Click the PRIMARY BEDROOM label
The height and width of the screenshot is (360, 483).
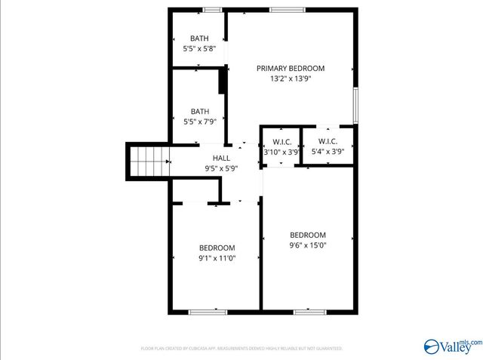(x=290, y=68)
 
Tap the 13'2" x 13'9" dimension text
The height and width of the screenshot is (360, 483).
(x=290, y=78)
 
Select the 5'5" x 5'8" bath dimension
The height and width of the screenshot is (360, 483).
(x=199, y=48)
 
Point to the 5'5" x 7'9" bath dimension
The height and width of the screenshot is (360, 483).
(x=199, y=122)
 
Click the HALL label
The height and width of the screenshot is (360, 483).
(x=221, y=158)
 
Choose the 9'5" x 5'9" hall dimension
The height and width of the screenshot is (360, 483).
(x=221, y=168)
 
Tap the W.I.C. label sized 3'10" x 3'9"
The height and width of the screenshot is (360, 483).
(x=281, y=141)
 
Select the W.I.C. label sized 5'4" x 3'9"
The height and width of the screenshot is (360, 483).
(x=328, y=141)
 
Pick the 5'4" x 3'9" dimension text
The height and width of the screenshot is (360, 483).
(x=328, y=152)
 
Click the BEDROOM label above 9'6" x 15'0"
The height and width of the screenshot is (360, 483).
(x=308, y=235)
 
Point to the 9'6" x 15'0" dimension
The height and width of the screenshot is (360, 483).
(x=308, y=245)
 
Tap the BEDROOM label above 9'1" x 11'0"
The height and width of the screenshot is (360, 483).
(x=217, y=248)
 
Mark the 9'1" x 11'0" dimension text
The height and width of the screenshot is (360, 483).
(x=217, y=258)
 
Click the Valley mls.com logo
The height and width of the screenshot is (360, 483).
(x=451, y=346)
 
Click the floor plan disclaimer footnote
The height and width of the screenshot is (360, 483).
(x=241, y=349)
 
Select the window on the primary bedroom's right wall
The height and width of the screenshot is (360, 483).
(x=355, y=104)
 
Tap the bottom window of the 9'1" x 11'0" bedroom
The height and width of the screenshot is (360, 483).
(x=208, y=312)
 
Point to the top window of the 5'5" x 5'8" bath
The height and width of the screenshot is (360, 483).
(x=213, y=10)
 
